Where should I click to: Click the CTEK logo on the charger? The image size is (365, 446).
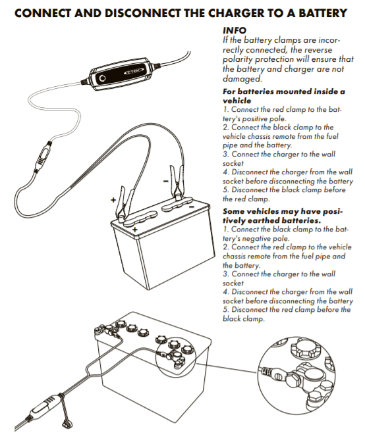(x=133, y=72)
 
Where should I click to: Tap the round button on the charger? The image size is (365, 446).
(x=102, y=78)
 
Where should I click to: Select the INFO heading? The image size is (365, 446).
(x=234, y=30)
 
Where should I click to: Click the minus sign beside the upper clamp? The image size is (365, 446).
(x=165, y=181)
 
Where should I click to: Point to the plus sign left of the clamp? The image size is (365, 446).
(x=113, y=200)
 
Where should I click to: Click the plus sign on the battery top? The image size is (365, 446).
(x=135, y=230)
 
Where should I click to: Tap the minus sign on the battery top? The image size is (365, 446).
(x=192, y=207)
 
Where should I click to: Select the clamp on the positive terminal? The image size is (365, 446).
(x=125, y=204)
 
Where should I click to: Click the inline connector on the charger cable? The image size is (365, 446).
(x=43, y=157)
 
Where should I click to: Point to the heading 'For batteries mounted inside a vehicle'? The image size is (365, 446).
(x=283, y=96)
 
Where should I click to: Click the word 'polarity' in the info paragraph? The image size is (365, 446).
(x=238, y=59)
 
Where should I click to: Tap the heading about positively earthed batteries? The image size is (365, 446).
(x=283, y=216)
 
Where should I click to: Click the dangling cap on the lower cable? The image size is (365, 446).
(x=65, y=425)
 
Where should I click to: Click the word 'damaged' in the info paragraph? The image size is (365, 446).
(x=242, y=79)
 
